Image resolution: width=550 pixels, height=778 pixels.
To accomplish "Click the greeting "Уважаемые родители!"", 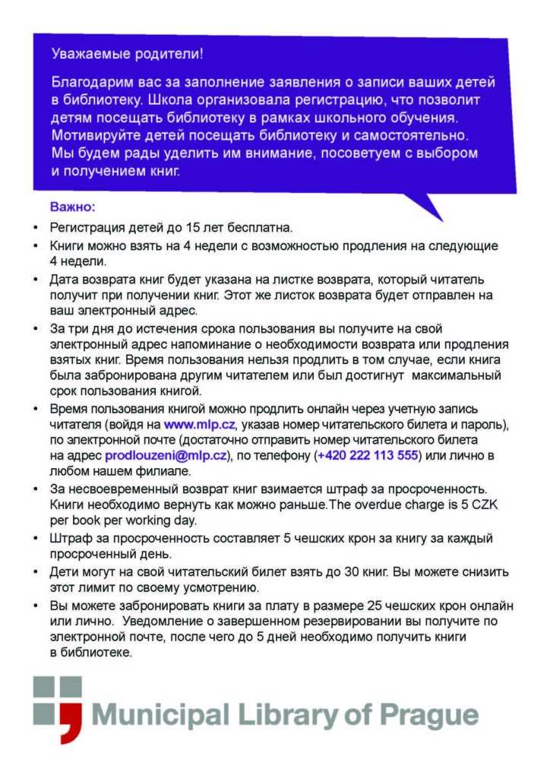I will pyautogui.click(x=127, y=55).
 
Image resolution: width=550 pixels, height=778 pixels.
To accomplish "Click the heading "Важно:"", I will pyautogui.click(x=72, y=206).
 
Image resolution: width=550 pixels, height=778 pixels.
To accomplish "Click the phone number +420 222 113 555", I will pyautogui.click(x=368, y=455).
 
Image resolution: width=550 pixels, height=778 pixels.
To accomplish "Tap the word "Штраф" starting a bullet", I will pyautogui.click(x=69, y=538).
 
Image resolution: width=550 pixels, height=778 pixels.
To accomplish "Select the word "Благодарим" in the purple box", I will pyautogui.click(x=86, y=81).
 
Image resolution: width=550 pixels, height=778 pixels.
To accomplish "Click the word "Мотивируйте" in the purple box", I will pyautogui.click(x=89, y=135).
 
